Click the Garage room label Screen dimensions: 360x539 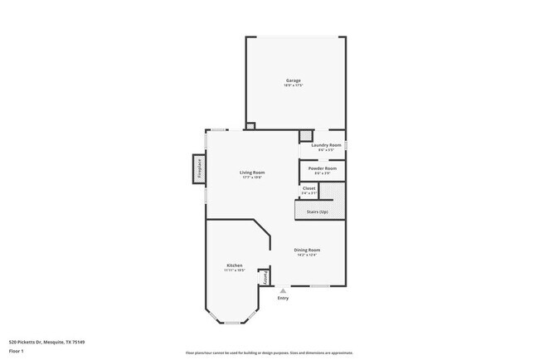[x=294, y=80]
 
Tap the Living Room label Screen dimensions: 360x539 [x=252, y=173]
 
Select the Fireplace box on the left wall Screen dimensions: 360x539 [x=199, y=169]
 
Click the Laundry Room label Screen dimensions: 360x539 [x=326, y=145]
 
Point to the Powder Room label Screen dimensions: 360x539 [x=322, y=168]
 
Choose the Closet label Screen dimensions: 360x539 [x=308, y=188]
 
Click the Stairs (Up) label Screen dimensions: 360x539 [x=317, y=212]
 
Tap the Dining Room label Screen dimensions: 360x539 [x=307, y=250]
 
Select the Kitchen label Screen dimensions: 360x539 [x=233, y=265]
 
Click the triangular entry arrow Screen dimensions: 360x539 [x=284, y=291]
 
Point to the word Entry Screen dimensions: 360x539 [x=284, y=299]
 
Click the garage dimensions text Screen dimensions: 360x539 [x=294, y=85]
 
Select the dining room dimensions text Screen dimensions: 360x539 [x=307, y=255]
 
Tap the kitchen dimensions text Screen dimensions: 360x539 [x=233, y=271]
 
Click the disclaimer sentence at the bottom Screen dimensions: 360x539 [x=269, y=353]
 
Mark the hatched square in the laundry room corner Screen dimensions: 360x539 [x=306, y=135]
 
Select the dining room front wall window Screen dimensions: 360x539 [x=320, y=287]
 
